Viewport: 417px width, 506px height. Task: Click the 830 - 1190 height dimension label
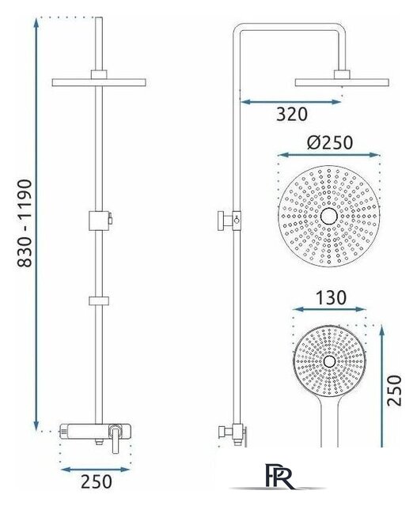[25, 223]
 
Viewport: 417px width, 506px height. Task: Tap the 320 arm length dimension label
[292, 114]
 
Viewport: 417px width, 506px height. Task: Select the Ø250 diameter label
[329, 142]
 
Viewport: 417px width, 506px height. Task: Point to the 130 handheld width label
[331, 298]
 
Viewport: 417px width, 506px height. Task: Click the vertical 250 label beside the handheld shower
[394, 390]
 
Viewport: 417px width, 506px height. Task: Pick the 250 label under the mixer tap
[97, 481]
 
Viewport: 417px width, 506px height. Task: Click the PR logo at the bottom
[280, 476]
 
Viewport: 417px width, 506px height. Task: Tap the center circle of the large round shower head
[329, 216]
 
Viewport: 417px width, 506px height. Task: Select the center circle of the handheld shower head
[329, 362]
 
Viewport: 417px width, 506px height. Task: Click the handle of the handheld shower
[329, 423]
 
